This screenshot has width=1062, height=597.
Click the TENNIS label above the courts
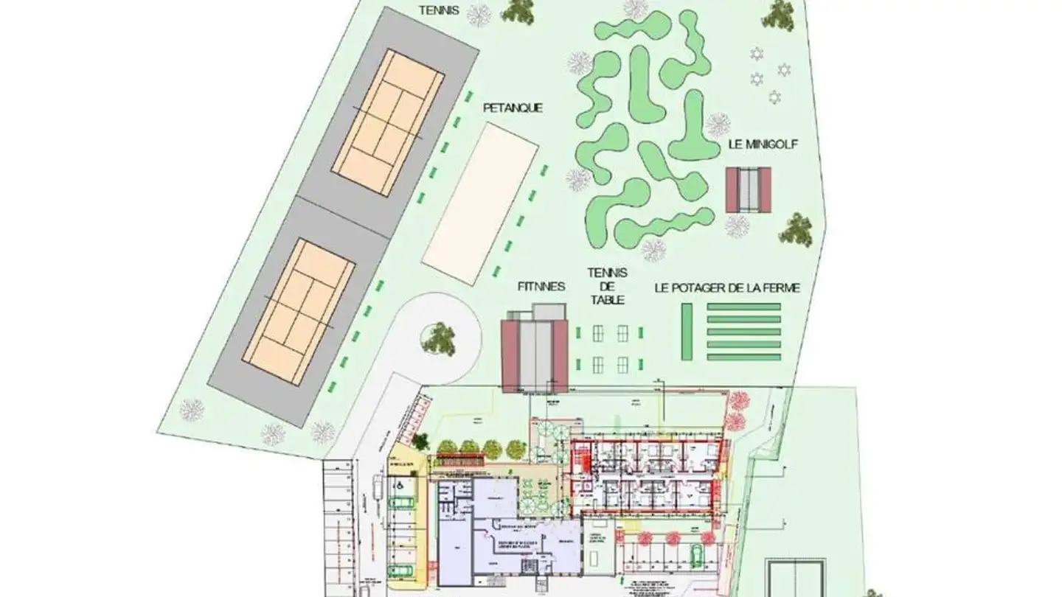(x=439, y=10)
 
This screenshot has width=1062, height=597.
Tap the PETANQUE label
(x=513, y=108)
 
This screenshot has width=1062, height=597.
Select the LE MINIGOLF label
(x=763, y=145)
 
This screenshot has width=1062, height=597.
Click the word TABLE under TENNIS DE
(x=608, y=300)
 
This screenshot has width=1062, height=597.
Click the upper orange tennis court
(x=387, y=122)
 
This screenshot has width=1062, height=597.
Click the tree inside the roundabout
(x=440, y=337)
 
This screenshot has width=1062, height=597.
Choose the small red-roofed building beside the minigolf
(x=748, y=189)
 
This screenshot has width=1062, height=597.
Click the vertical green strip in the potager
(x=687, y=332)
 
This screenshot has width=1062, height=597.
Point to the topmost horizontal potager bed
(x=743, y=307)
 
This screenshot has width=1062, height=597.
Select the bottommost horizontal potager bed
(x=743, y=357)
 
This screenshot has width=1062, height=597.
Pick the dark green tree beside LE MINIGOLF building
(x=796, y=230)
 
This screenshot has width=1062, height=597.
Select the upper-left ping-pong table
(x=598, y=333)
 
